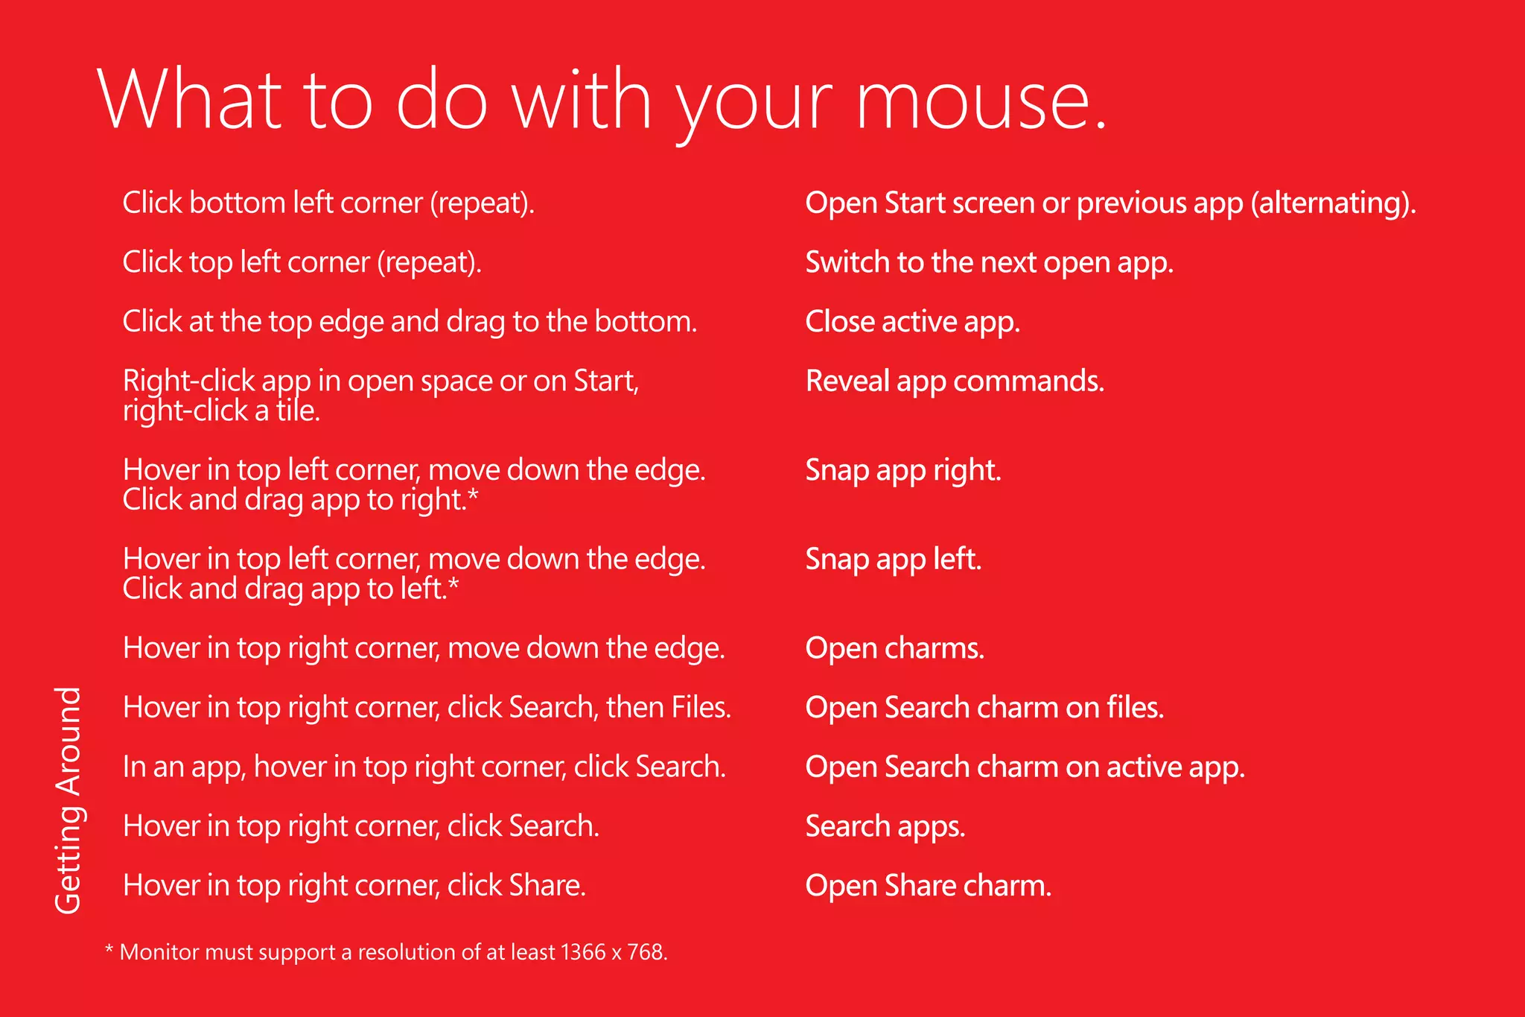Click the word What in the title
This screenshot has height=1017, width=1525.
coord(190,101)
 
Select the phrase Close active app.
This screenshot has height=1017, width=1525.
coord(912,322)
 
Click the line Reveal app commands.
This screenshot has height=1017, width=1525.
coord(955,381)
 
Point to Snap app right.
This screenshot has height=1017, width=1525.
coord(903,470)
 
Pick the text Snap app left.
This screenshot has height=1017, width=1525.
coord(894,560)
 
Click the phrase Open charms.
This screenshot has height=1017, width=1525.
coord(895,648)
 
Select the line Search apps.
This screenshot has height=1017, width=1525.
coord(885,826)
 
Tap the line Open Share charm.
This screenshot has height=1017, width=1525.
coord(929,886)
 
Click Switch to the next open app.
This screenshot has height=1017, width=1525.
coord(990,262)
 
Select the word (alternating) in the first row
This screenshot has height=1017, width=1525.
coord(1333,203)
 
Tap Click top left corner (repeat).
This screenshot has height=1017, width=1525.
coord(302,262)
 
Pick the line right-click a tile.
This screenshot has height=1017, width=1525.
coord(222,411)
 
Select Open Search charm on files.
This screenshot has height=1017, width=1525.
coord(984,708)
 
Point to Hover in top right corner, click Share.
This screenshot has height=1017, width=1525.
coord(354,886)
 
